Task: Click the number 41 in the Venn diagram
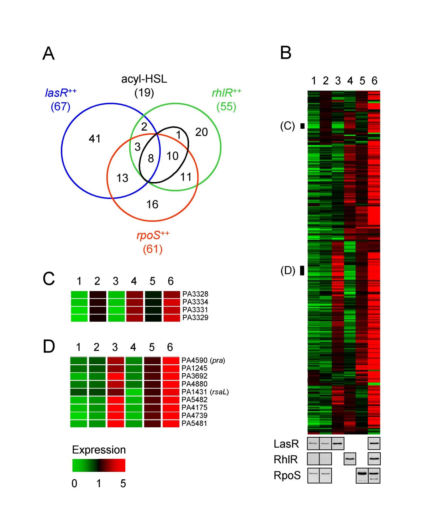[x=95, y=139]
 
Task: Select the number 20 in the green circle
[x=201, y=132]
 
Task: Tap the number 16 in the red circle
[x=152, y=204]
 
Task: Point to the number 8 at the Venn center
[x=151, y=158]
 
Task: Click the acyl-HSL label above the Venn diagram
[x=144, y=79]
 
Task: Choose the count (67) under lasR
[x=60, y=106]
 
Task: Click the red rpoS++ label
[x=153, y=235]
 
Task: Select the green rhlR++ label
[x=226, y=93]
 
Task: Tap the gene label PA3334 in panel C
[x=195, y=302]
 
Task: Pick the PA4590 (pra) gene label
[x=203, y=360]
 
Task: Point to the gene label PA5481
[x=194, y=423]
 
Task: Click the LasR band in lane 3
[x=338, y=444]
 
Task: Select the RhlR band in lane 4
[x=350, y=459]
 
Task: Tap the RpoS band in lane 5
[x=362, y=474]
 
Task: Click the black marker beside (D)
[x=302, y=271]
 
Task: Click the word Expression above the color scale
[x=99, y=450]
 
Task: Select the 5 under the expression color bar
[x=123, y=483]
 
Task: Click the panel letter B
[x=286, y=53]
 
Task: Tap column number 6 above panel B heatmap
[x=374, y=81]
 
